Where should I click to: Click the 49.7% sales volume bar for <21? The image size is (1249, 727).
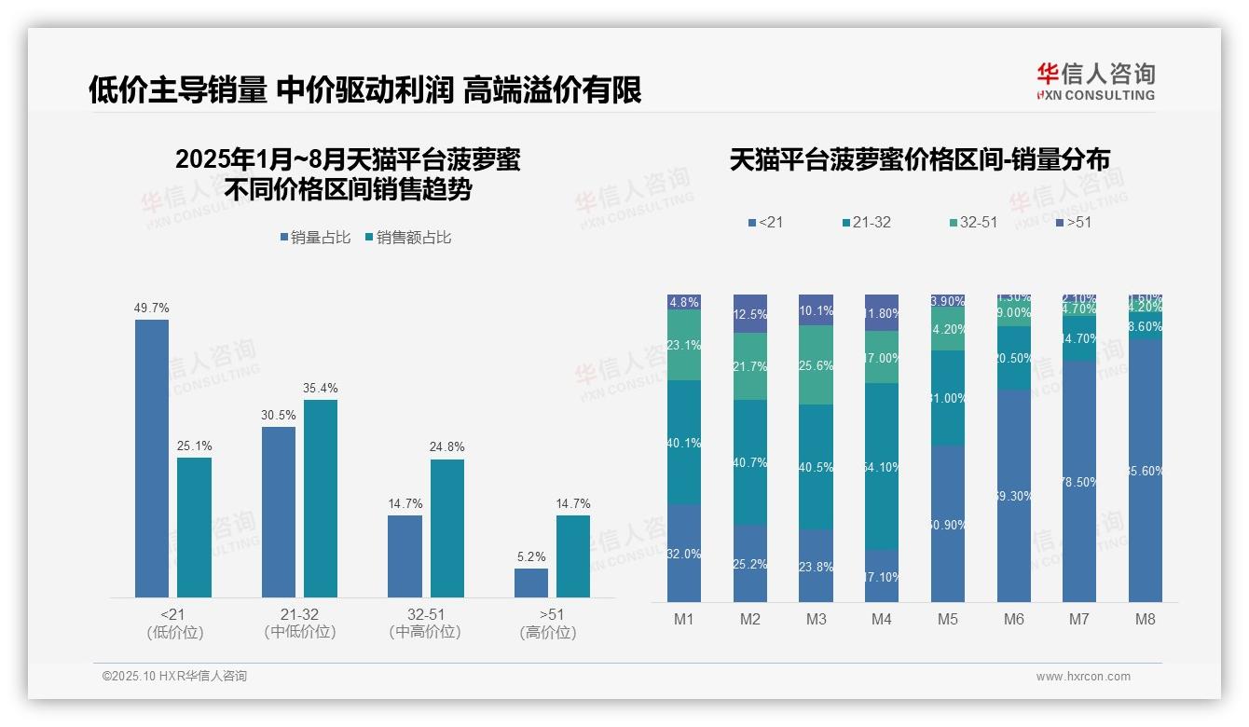[x=152, y=458]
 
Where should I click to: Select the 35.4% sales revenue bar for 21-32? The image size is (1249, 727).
[x=321, y=498]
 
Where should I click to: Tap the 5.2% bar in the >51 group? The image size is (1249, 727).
[x=531, y=583]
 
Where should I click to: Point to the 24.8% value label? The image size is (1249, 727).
[x=447, y=447]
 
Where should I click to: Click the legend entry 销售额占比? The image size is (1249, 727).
[x=408, y=238]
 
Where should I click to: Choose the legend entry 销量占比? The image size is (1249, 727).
[x=315, y=238]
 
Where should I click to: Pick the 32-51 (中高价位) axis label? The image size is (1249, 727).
[x=424, y=623]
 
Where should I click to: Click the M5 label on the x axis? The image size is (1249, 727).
[x=948, y=619]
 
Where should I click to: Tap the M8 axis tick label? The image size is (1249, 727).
[x=1146, y=619]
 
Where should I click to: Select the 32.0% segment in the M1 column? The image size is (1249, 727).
[x=684, y=554]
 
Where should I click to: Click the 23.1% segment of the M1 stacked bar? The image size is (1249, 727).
[x=684, y=345]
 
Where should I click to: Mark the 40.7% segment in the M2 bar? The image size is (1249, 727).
[x=750, y=461]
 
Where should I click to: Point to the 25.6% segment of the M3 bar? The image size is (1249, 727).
[x=817, y=365]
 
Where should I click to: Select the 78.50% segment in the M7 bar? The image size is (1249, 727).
[x=1079, y=481]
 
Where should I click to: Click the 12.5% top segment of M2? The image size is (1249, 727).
[x=750, y=314]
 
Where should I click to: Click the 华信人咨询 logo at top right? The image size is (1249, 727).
[x=1095, y=81]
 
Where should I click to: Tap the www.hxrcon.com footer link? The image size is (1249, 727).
[x=1083, y=677]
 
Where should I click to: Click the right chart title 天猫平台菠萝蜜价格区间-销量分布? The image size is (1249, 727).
[x=919, y=159]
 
